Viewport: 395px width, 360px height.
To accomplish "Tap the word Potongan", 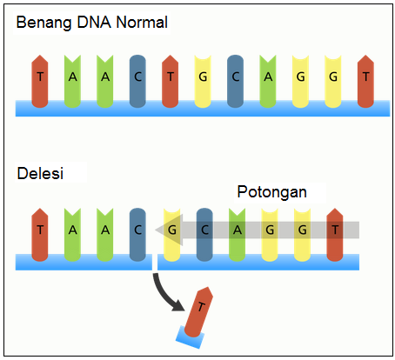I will click(x=271, y=191).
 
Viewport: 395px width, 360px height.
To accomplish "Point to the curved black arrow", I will click(x=168, y=290).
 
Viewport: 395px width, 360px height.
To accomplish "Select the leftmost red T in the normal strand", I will click(x=40, y=77).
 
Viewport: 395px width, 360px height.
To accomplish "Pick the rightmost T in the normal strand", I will click(x=365, y=77).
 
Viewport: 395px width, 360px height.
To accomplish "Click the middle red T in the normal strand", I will click(x=171, y=77).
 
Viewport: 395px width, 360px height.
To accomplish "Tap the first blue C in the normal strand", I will click(x=137, y=77).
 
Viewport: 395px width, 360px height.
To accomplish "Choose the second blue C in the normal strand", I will click(x=235, y=77).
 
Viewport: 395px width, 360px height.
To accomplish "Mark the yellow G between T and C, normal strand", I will click(x=203, y=77).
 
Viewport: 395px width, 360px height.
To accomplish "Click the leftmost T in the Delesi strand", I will click(x=40, y=230).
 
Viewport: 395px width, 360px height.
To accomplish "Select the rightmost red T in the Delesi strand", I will click(x=335, y=230).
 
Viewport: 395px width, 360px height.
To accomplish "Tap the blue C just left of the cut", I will click(x=137, y=230).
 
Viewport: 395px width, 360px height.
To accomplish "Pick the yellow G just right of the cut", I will click(x=172, y=230).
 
